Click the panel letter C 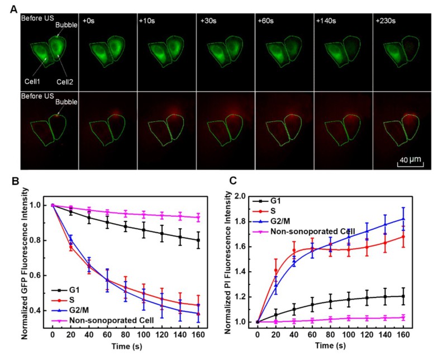[237, 182]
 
